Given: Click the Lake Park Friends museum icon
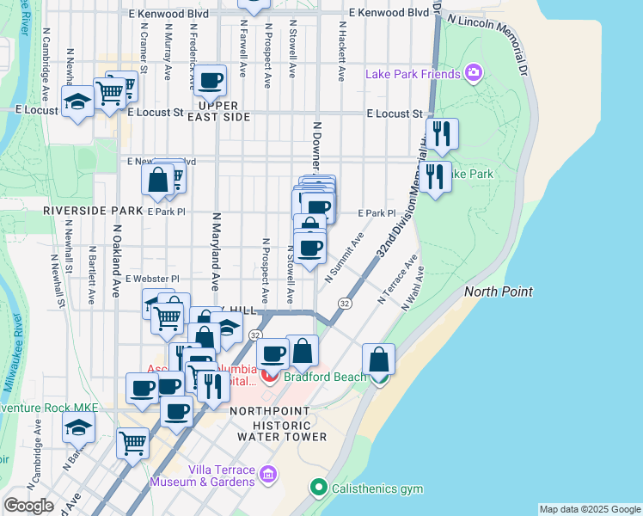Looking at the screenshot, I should coord(472,74).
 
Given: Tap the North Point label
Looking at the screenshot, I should coord(499,292).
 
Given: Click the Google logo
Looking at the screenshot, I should coord(28,506).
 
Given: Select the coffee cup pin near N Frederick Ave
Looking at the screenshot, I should coord(210,83).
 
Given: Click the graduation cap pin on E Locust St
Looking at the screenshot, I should coord(77,103).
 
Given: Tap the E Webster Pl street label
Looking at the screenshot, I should coord(151,279).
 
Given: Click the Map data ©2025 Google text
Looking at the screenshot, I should coord(589,509).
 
